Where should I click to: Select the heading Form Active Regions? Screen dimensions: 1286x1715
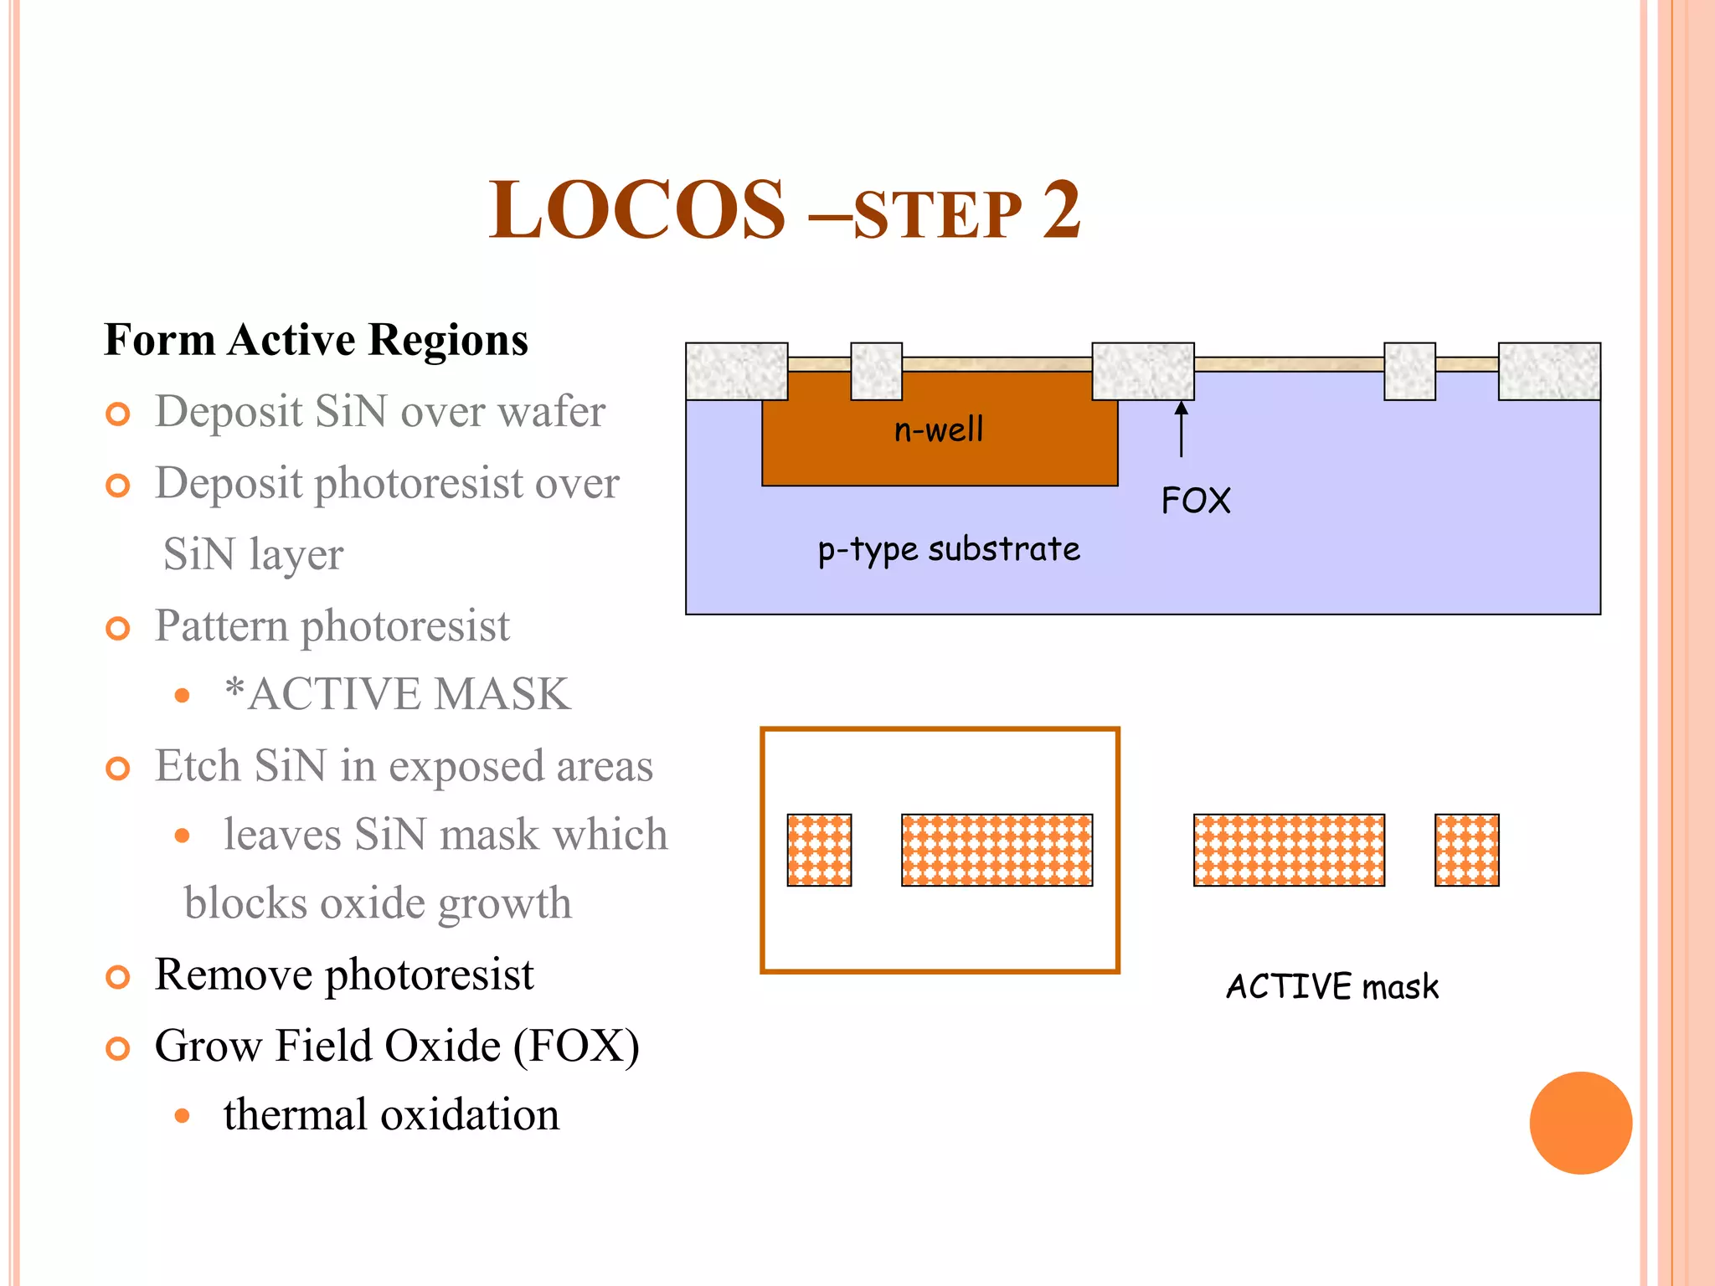pos(316,340)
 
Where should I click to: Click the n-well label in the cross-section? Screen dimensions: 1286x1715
pos(939,430)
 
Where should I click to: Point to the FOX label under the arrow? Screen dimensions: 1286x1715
pos(1196,501)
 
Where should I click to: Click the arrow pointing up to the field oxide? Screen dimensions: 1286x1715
pos(1182,429)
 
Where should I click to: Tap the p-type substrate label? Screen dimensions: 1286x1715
pos(949,550)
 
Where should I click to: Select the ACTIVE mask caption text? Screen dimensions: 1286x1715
pos(1332,986)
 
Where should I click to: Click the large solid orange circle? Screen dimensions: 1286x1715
pos(1580,1123)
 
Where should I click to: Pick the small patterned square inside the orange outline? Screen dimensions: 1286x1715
pos(819,850)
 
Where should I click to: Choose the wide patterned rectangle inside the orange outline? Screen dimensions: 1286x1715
pos(997,850)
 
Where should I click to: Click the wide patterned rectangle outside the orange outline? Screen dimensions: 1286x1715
pos(1289,850)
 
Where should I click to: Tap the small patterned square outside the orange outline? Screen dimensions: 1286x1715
pos(1466,850)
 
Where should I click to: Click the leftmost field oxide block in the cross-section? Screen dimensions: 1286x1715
pos(736,371)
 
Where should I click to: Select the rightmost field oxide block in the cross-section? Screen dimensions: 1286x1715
pos(1549,371)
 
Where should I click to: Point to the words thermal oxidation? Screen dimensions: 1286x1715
pos(391,1115)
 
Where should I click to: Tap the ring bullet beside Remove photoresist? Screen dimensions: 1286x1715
pos(118,977)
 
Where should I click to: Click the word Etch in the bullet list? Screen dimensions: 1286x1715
pos(198,765)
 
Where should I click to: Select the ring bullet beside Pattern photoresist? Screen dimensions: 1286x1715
pos(118,629)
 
